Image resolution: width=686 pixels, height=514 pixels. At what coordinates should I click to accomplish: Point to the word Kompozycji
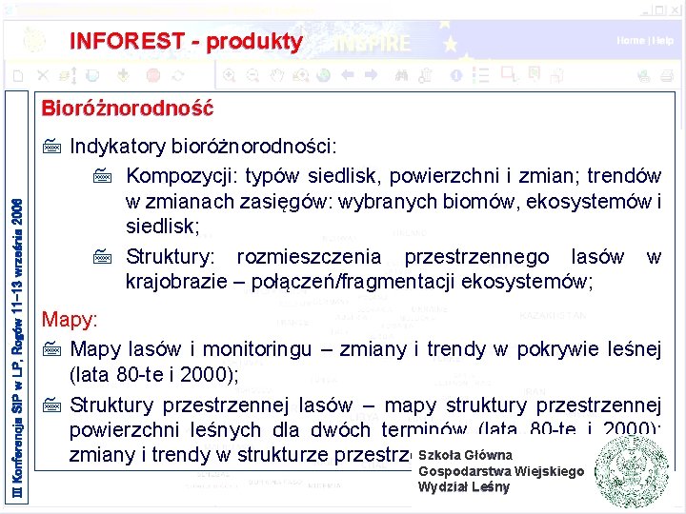click(x=181, y=177)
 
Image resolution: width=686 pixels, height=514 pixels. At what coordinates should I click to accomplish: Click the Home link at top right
click(x=630, y=41)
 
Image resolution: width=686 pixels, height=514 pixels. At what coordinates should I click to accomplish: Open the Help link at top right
click(x=663, y=41)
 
